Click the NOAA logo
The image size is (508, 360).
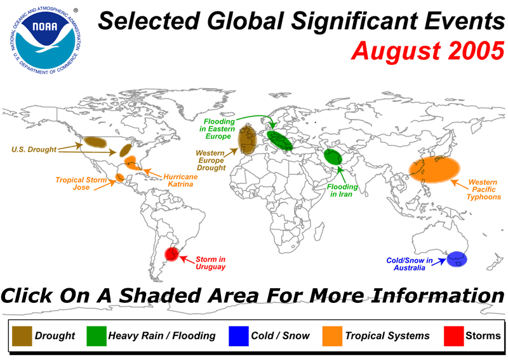point(45,39)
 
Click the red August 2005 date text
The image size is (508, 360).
point(427,51)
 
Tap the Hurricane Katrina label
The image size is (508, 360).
point(180,180)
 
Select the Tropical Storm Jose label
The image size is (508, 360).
point(81,183)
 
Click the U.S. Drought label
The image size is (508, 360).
point(34,149)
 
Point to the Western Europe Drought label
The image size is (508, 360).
point(211,160)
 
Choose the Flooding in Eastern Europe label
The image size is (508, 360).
point(217,129)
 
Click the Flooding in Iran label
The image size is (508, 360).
point(342,190)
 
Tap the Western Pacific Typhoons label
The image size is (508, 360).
point(483,190)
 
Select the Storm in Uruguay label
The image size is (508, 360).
point(210,263)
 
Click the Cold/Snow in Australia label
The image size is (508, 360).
point(410,264)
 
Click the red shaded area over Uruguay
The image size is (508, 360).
point(171,254)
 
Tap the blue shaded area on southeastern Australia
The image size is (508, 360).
point(457,259)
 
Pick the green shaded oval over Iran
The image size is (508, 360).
point(333,157)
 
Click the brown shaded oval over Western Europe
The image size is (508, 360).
point(248,140)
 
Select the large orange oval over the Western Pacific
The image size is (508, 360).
point(434,169)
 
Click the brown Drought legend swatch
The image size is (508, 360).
point(22,336)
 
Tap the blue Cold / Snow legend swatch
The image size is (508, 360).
point(239,336)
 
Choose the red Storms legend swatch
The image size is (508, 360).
point(453,336)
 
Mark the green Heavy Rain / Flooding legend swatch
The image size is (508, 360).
point(97,336)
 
